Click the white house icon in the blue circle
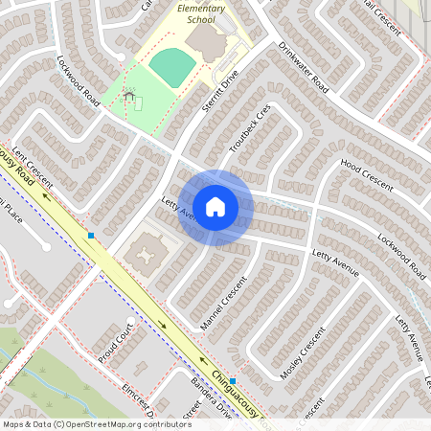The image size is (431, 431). (x=215, y=207)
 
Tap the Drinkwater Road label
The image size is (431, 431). (x=304, y=68)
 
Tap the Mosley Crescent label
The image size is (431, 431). (x=302, y=354)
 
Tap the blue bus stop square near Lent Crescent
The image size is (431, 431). (x=91, y=235)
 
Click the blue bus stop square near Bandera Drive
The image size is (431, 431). (x=233, y=380)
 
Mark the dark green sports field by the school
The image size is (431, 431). (x=173, y=65)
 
